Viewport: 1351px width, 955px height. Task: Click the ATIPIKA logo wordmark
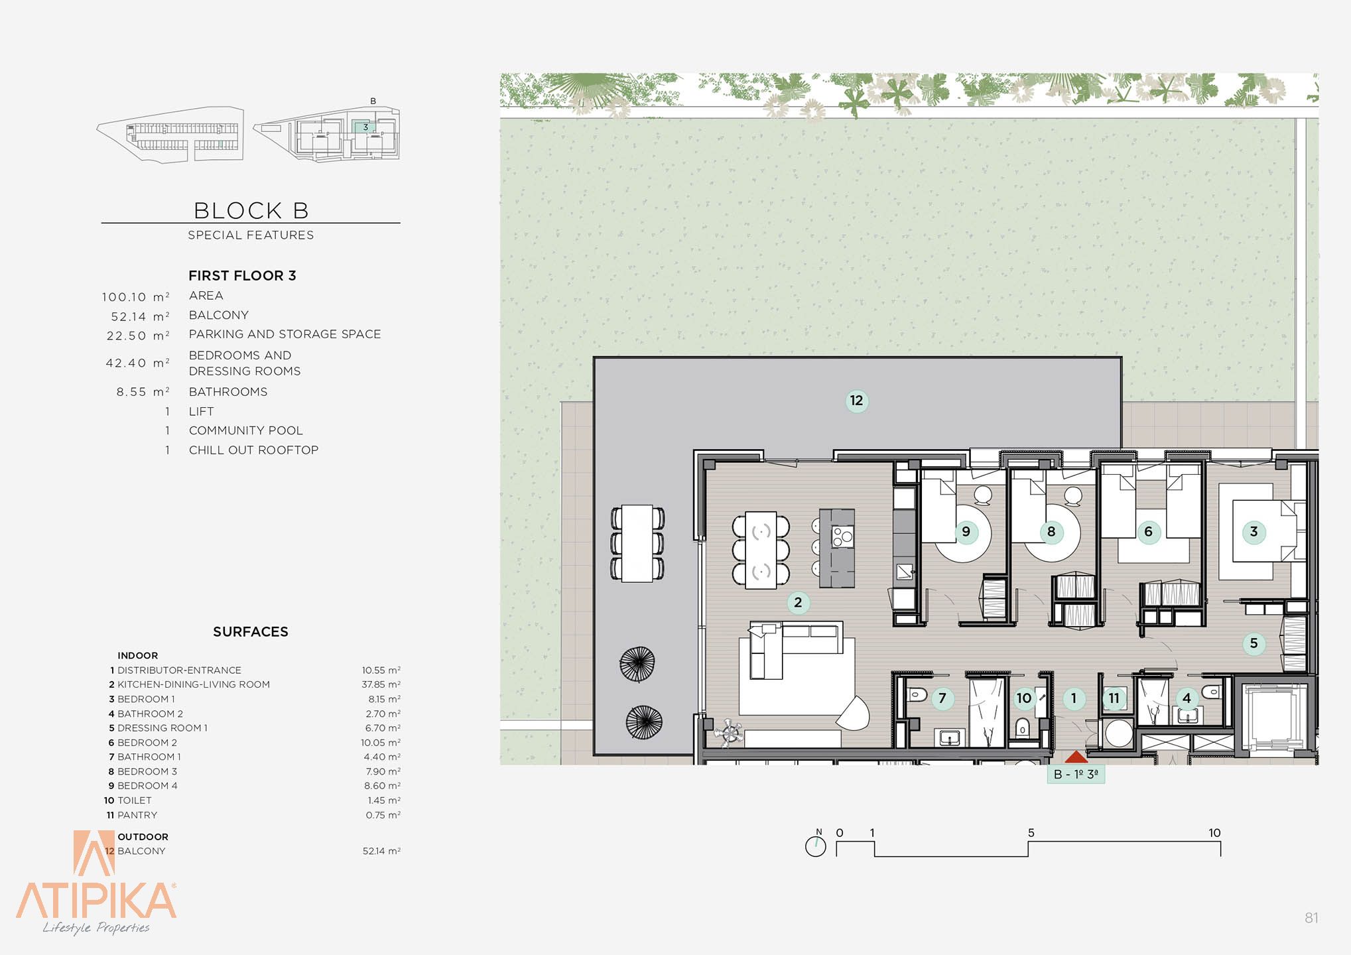[96, 899]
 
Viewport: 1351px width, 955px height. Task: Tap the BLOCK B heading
[251, 210]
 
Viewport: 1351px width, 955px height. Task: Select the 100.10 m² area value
[136, 296]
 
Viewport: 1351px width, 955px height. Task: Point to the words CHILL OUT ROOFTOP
[253, 450]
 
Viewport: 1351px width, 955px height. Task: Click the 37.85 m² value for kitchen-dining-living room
[381, 684]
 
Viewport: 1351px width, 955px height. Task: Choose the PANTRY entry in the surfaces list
[137, 815]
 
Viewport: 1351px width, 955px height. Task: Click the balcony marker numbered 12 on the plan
[856, 401]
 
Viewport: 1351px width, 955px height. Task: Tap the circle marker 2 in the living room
[798, 602]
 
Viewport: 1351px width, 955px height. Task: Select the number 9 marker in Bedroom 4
[966, 531]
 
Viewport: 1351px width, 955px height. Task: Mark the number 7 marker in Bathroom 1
[942, 698]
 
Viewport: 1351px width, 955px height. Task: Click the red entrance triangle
[1076, 757]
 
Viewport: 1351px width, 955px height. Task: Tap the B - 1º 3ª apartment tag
[1076, 774]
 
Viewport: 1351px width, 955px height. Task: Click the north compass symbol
[816, 845]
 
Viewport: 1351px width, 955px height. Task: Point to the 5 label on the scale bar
[1031, 832]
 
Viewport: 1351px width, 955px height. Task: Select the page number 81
[1311, 918]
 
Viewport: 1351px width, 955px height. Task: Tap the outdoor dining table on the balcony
[637, 544]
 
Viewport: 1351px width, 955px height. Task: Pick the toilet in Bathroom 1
[917, 696]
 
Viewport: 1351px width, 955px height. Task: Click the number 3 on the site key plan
[365, 127]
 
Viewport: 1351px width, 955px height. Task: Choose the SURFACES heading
[251, 631]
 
